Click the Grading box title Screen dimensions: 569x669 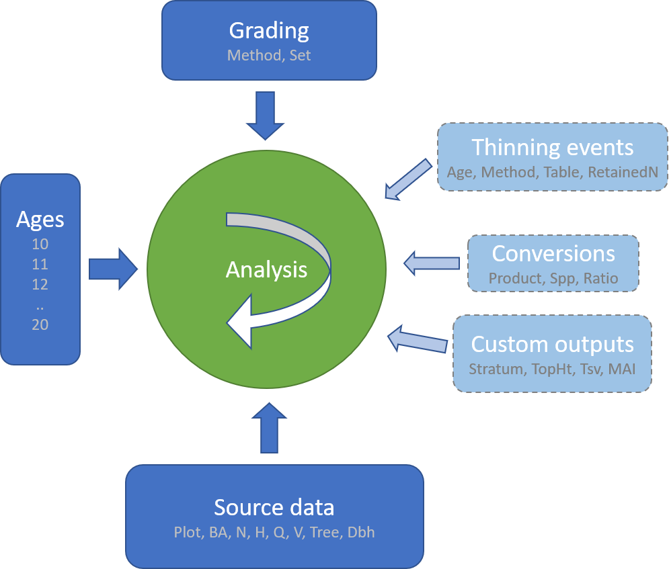click(269, 31)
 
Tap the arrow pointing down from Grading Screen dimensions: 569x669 click(265, 116)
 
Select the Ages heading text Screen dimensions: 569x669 click(40, 219)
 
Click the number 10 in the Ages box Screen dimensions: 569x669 click(40, 244)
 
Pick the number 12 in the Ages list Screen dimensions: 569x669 click(40, 284)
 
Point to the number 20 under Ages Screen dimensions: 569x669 click(40, 324)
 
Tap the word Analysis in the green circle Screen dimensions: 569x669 click(266, 269)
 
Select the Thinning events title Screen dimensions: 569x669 click(552, 147)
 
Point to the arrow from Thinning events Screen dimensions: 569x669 click(409, 179)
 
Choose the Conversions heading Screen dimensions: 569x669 click(553, 253)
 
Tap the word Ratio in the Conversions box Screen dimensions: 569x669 click(601, 277)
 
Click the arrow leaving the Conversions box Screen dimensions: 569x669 click(430, 263)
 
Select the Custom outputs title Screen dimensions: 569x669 click(552, 344)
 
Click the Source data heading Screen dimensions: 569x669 click(274, 507)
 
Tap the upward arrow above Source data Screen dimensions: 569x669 click(268, 429)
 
